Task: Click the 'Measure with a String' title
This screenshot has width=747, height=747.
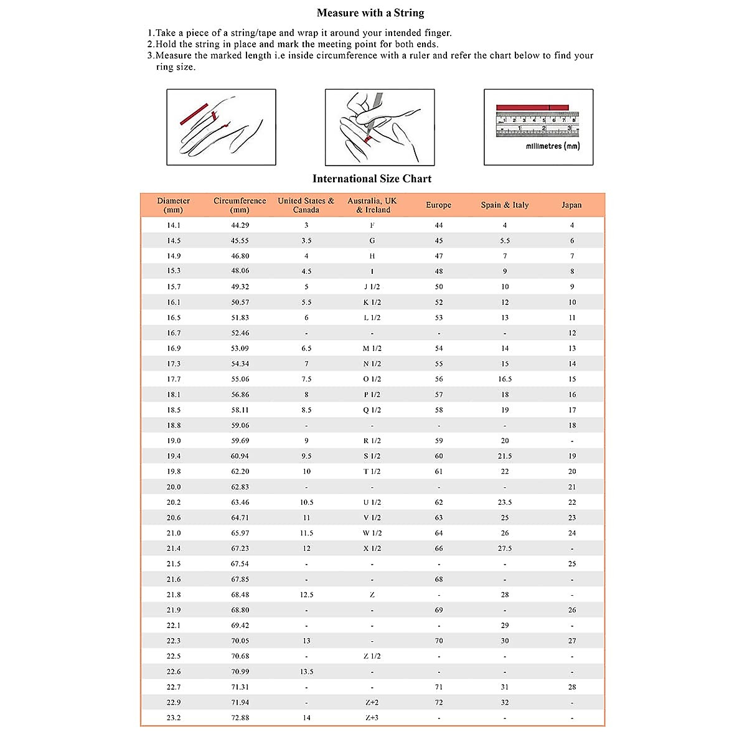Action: click(x=370, y=13)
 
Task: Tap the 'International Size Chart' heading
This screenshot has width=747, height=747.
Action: click(x=372, y=179)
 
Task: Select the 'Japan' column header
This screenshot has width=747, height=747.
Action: click(x=571, y=205)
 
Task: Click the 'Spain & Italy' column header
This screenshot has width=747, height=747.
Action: click(x=504, y=205)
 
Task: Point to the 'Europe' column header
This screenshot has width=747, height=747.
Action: click(x=438, y=205)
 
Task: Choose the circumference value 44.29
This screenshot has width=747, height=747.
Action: click(x=240, y=225)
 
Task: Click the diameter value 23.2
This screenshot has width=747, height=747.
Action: click(x=174, y=718)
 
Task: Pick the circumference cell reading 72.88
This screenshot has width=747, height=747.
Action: click(x=240, y=718)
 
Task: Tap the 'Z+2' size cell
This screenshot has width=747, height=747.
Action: click(x=372, y=702)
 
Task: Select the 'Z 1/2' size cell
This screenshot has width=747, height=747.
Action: click(x=372, y=656)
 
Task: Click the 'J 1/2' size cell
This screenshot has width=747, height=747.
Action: click(x=372, y=287)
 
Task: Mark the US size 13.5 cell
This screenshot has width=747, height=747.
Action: click(x=306, y=672)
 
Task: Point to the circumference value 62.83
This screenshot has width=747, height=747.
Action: click(x=240, y=487)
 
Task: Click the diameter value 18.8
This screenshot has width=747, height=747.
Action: click(x=174, y=425)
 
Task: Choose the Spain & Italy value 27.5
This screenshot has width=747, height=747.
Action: click(x=504, y=548)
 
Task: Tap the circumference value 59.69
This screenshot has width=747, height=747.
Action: click(x=240, y=441)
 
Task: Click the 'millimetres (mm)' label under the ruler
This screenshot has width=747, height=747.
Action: click(x=552, y=146)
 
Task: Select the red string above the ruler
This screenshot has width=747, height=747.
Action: click(x=532, y=108)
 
